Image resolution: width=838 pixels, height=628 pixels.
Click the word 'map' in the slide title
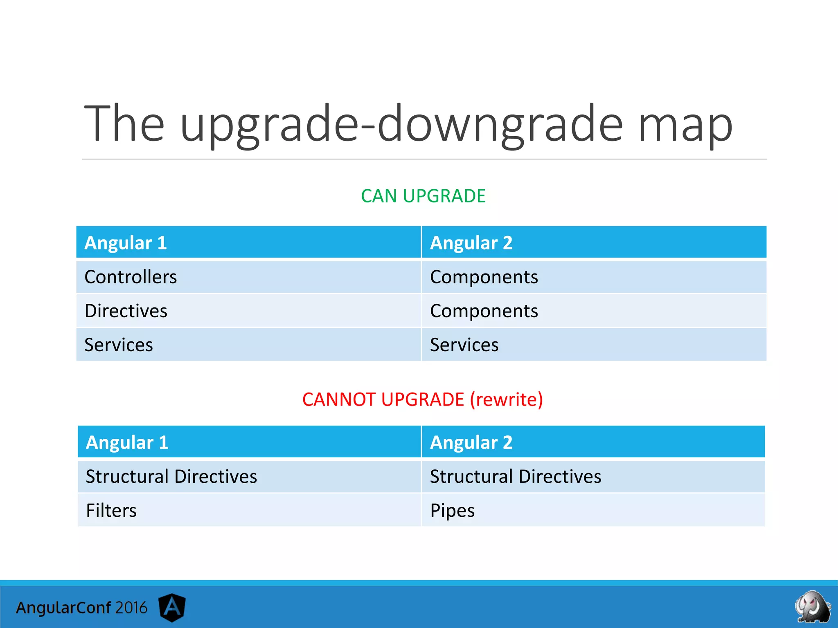[x=685, y=125]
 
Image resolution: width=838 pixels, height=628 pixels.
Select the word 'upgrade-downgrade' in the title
[x=401, y=125]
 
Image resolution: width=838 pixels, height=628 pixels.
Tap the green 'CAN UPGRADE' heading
[x=423, y=196]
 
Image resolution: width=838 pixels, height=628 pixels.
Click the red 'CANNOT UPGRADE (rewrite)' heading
[x=423, y=399]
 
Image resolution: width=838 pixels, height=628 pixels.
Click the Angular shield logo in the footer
[x=172, y=607]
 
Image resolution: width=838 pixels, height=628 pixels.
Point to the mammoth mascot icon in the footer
[x=812, y=607]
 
